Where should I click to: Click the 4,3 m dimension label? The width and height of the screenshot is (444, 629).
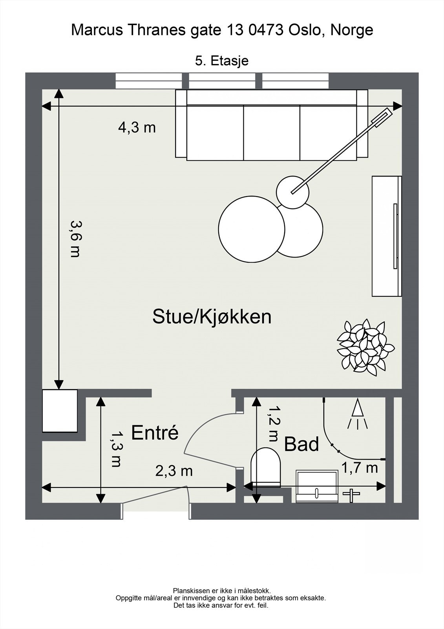click(x=137, y=127)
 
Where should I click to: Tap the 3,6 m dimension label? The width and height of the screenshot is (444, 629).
click(x=75, y=239)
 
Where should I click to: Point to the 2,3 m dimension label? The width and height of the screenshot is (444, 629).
click(x=174, y=471)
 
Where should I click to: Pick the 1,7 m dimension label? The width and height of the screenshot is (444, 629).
click(x=359, y=468)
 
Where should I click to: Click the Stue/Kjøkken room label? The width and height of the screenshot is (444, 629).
click(x=212, y=317)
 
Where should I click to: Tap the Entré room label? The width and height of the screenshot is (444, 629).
click(x=155, y=433)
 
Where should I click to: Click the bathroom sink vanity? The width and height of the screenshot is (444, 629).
click(x=317, y=487)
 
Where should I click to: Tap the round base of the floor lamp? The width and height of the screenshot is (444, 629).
click(x=292, y=192)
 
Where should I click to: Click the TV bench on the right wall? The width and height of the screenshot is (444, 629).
click(x=387, y=236)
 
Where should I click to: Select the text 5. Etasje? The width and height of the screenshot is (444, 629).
click(x=222, y=61)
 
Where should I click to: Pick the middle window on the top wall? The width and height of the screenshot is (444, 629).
click(x=222, y=81)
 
